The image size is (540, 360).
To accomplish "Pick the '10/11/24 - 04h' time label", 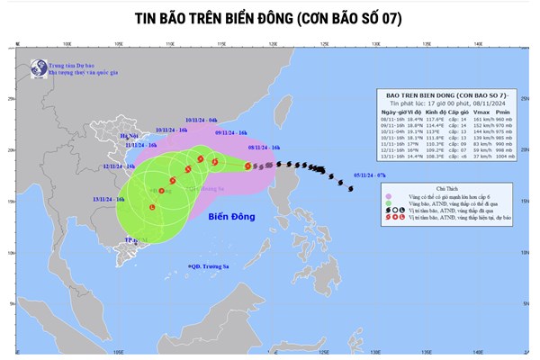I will tap(200, 119).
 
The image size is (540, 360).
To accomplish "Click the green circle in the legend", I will tap(390, 202).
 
